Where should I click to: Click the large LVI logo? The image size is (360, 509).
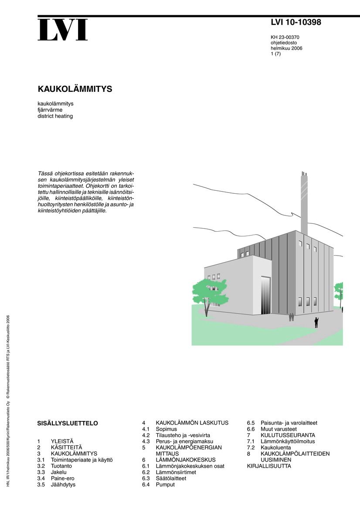pos(62,30)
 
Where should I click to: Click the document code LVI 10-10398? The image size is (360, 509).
pos(295,23)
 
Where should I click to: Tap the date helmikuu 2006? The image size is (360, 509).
pos(286,48)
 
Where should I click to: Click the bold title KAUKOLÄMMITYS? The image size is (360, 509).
pos(75,89)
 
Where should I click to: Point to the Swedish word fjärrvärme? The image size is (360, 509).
pos(50,110)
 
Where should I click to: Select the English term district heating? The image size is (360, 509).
pos(55,116)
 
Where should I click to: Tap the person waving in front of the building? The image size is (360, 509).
pos(316,322)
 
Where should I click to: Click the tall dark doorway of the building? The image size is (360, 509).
pos(265,295)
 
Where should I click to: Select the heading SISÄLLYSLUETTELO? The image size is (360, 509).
pos(68,423)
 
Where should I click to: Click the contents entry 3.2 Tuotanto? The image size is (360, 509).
pos(55,466)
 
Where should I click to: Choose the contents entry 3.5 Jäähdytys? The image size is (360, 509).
pos(56,484)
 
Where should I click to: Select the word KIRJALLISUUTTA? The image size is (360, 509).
pos(269,466)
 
